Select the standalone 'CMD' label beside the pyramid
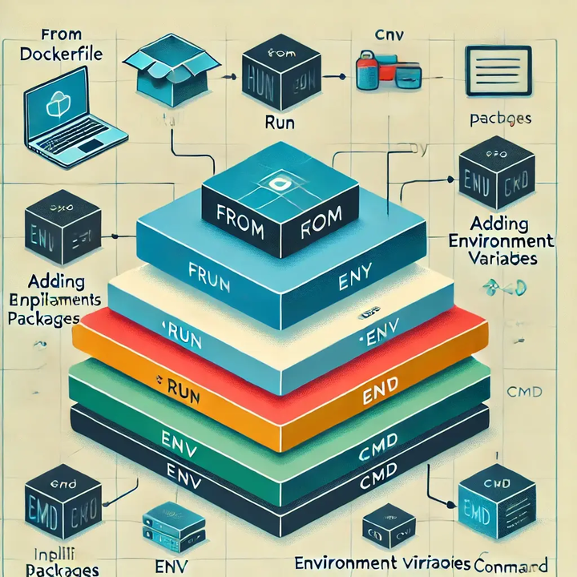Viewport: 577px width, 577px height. click(526, 392)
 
